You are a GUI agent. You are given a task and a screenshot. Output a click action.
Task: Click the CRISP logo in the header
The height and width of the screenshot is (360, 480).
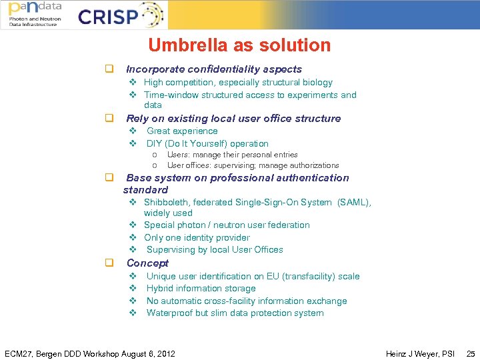coord(120,15)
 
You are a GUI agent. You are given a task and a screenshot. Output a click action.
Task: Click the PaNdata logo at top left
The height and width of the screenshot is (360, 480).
coord(35,14)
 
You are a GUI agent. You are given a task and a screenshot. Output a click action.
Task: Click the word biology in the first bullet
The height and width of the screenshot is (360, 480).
coord(317,83)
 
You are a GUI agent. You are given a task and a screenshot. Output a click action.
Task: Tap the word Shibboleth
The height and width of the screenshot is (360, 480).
coord(167,202)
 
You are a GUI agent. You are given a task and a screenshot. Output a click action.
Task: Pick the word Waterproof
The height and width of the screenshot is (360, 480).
coord(169,313)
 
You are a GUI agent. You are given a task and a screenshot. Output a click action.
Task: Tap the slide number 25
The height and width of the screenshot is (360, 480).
coord(471,353)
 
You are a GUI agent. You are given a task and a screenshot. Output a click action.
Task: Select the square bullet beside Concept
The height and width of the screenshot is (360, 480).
coord(107,263)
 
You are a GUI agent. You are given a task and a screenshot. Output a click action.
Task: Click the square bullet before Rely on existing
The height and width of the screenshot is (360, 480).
coord(107,119)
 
